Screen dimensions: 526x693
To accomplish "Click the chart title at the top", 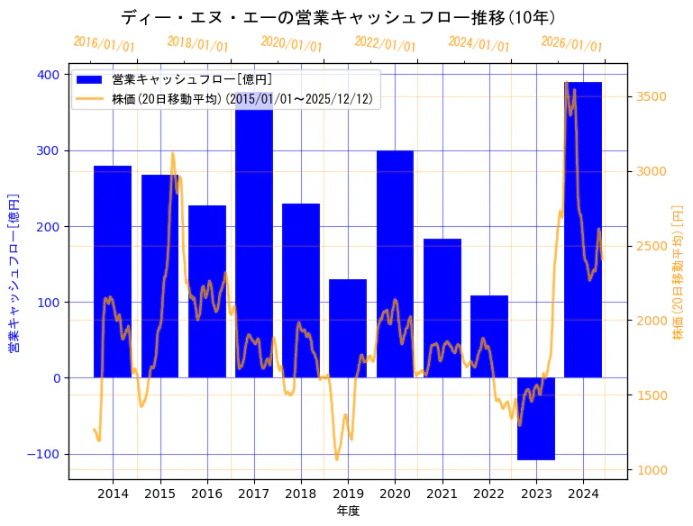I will pyautogui.click(x=338, y=17).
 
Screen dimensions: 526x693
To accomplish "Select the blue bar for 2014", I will pyautogui.click(x=113, y=270).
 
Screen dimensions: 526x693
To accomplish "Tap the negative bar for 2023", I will pyautogui.click(x=536, y=419).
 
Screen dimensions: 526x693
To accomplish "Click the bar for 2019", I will pyautogui.click(x=348, y=329).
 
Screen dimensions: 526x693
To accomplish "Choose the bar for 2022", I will pyautogui.click(x=489, y=336).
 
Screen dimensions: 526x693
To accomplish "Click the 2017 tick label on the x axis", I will pyautogui.click(x=254, y=494).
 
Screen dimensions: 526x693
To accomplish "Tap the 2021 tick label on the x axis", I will pyautogui.click(x=442, y=494).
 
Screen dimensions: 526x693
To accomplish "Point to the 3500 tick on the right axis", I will pyautogui.click(x=652, y=96).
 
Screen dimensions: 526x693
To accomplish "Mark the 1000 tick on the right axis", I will pyautogui.click(x=652, y=469).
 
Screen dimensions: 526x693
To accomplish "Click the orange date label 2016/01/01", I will pyautogui.click(x=104, y=44).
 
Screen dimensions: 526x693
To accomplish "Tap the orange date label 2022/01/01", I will pyautogui.click(x=385, y=44).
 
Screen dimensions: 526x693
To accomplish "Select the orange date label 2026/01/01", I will pyautogui.click(x=572, y=44).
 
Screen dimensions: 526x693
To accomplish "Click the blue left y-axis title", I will pyautogui.click(x=14, y=272).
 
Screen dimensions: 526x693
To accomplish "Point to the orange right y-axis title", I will pyautogui.click(x=678, y=272).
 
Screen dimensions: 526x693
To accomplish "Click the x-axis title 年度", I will pyautogui.click(x=347, y=511).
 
